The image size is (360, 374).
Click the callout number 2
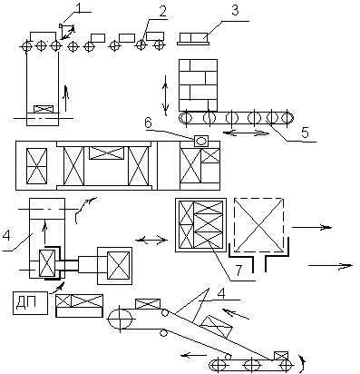point(162,12)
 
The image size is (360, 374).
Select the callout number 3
point(235,10)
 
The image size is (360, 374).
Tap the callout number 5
point(305,133)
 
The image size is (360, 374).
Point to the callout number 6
point(148,123)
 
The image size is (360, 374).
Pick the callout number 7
point(238,271)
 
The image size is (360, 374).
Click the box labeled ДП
point(31,303)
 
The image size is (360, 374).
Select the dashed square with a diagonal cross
point(258,225)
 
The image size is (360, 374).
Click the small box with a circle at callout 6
point(201,141)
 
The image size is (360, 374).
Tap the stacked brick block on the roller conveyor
point(198,85)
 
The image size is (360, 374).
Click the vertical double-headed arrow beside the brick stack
point(165,95)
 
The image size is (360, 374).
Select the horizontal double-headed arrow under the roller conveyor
point(246,133)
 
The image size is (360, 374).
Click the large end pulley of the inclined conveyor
point(121,320)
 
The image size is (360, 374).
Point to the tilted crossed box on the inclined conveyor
point(216,326)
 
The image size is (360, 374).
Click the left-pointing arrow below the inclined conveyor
point(194,355)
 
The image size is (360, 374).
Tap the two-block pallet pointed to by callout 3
point(193,39)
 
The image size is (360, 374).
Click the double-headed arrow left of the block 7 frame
point(151,241)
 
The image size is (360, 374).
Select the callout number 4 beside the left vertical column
point(5,235)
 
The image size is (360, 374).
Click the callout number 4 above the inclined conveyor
point(221,293)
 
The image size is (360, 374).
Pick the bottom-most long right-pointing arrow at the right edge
point(330,265)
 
